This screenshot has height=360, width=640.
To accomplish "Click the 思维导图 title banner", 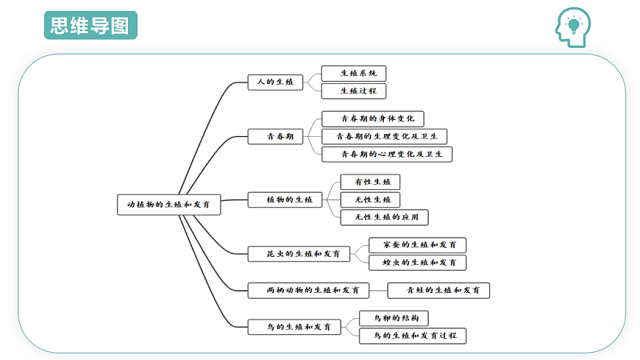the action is click(90, 25).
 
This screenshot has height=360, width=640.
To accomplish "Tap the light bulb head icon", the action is click(573, 27).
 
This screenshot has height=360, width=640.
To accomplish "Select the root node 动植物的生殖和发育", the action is click(168, 205).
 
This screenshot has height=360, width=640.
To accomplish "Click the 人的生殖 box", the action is click(275, 82).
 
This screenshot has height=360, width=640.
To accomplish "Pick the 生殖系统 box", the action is click(353, 74).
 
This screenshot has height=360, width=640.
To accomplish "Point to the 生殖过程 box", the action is click(353, 91).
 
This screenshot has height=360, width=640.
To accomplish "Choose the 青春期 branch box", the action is click(275, 136).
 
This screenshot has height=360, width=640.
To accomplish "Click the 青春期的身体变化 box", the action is click(373, 119).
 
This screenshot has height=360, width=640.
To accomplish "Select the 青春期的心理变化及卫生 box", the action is click(386, 155).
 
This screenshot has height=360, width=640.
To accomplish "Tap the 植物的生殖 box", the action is click(285, 200).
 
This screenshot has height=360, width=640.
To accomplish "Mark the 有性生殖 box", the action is click(370, 182).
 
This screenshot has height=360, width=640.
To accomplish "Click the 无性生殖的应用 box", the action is click(384, 217).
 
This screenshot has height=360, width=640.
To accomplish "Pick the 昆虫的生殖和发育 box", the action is click(299, 254).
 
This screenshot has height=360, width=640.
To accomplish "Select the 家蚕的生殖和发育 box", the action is click(417, 245).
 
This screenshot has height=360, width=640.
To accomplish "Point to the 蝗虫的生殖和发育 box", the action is click(417, 263).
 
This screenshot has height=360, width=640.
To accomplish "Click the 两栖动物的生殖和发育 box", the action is click(308, 291).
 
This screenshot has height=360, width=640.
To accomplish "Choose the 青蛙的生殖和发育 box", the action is click(438, 291).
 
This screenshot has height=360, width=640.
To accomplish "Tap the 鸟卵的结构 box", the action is click(394, 318).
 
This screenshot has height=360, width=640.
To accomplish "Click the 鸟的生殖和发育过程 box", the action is click(412, 336).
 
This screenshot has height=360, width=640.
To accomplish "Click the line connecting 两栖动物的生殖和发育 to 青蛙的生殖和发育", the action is click(378, 291).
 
